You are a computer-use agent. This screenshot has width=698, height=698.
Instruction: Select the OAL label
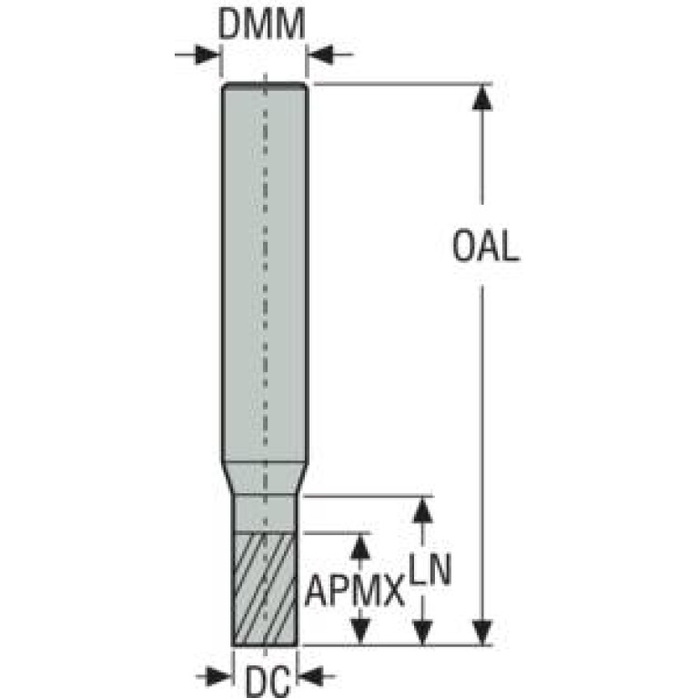tap(485, 248)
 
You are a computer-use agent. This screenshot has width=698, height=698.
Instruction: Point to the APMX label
tap(354, 593)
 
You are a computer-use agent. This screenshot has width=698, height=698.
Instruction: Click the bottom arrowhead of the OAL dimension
tap(483, 632)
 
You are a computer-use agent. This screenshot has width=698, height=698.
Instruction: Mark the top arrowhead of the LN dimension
tap(421, 509)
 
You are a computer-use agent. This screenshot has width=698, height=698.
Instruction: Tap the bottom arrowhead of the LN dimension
tap(421, 632)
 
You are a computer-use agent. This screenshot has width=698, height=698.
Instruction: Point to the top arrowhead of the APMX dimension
tap(362, 545)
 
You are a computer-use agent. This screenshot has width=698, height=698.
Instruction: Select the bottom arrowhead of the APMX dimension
tap(362, 632)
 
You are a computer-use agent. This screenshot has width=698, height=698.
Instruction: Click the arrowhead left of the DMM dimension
tap(211, 56)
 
